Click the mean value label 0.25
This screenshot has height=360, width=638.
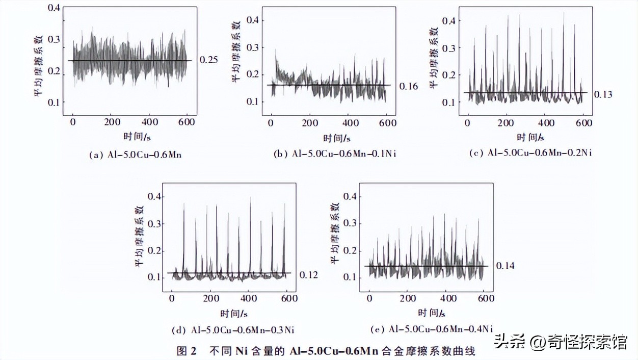click(x=208, y=60)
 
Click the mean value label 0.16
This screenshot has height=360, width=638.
click(x=408, y=86)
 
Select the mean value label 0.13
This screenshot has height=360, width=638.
click(x=602, y=94)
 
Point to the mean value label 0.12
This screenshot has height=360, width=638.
click(x=309, y=275)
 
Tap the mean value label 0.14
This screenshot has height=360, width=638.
click(x=506, y=266)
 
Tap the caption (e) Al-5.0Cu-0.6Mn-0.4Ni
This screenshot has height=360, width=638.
click(x=434, y=328)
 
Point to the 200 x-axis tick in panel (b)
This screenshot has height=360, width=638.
click(x=310, y=122)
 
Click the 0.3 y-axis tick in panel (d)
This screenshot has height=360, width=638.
click(x=154, y=224)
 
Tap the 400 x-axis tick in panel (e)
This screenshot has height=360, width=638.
click(x=447, y=298)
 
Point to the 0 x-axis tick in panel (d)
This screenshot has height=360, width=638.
click(x=172, y=299)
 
